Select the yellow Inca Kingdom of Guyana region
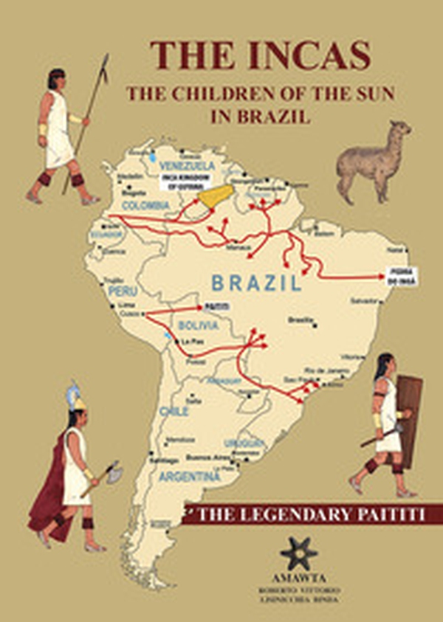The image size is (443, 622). [x=215, y=196]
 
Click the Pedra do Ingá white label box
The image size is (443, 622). [x=401, y=276]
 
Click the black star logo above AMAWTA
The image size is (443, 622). [x=299, y=553]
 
